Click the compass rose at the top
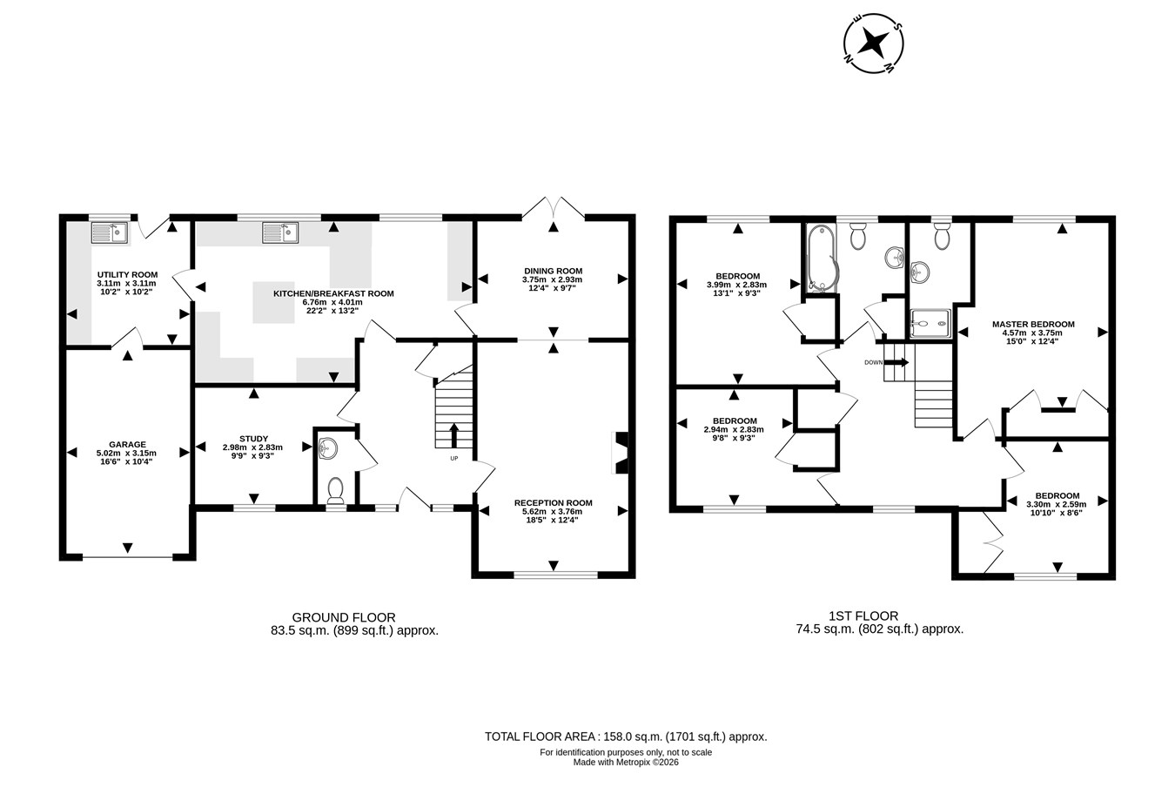(x=873, y=44)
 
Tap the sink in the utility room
(x=109, y=232)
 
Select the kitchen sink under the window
(x=280, y=232)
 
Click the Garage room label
(x=127, y=445)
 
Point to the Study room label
(x=254, y=439)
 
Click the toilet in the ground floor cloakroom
(x=335, y=489)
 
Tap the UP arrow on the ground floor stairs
(x=454, y=435)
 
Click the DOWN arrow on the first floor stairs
(x=896, y=362)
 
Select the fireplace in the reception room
(x=621, y=453)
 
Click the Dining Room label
(x=553, y=271)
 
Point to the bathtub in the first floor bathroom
(x=821, y=258)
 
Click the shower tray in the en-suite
(x=930, y=323)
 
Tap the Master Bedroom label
(x=1033, y=324)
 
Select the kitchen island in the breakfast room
(x=274, y=302)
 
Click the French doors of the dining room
(x=553, y=207)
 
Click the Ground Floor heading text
(x=344, y=617)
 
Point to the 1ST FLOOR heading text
(x=863, y=616)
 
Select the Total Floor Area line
(x=626, y=736)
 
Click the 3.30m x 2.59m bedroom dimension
(x=1057, y=504)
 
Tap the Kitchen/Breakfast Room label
(x=333, y=294)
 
